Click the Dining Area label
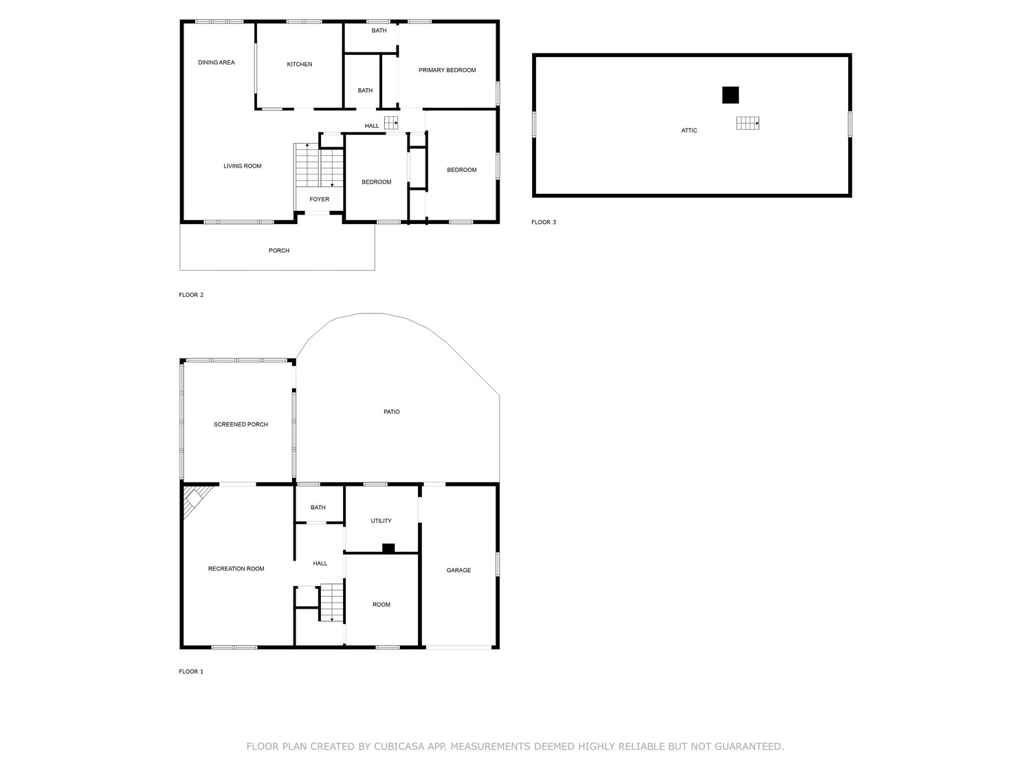[216, 63]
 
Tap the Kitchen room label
[299, 65]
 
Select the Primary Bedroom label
[447, 70]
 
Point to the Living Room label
[243, 166]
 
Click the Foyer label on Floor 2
[320, 199]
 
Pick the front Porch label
[279, 251]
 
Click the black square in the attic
[731, 95]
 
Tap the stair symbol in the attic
[748, 123]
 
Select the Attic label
[689, 131]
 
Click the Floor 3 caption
[544, 223]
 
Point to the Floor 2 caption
[191, 295]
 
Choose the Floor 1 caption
[191, 671]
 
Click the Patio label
[392, 412]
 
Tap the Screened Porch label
[241, 425]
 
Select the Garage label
[458, 571]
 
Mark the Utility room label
[381, 521]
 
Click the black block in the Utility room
[388, 548]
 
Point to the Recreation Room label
[236, 569]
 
